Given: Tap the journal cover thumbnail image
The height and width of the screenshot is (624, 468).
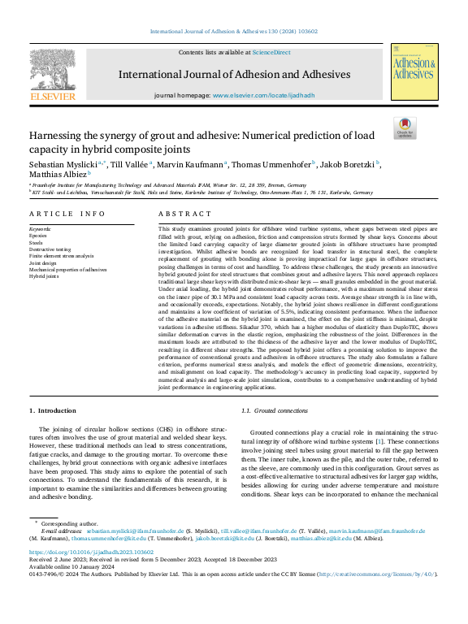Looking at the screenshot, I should pyautogui.click(x=414, y=72).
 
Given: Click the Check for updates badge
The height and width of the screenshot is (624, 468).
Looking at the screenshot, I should pyautogui.click(x=404, y=128).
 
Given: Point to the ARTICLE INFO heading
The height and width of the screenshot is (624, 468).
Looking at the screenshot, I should pyautogui.click(x=67, y=214).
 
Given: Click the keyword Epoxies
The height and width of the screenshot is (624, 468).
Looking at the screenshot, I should pyautogui.click(x=38, y=236).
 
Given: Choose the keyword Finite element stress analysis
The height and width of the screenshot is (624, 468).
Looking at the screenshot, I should pyautogui.click(x=61, y=256).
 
